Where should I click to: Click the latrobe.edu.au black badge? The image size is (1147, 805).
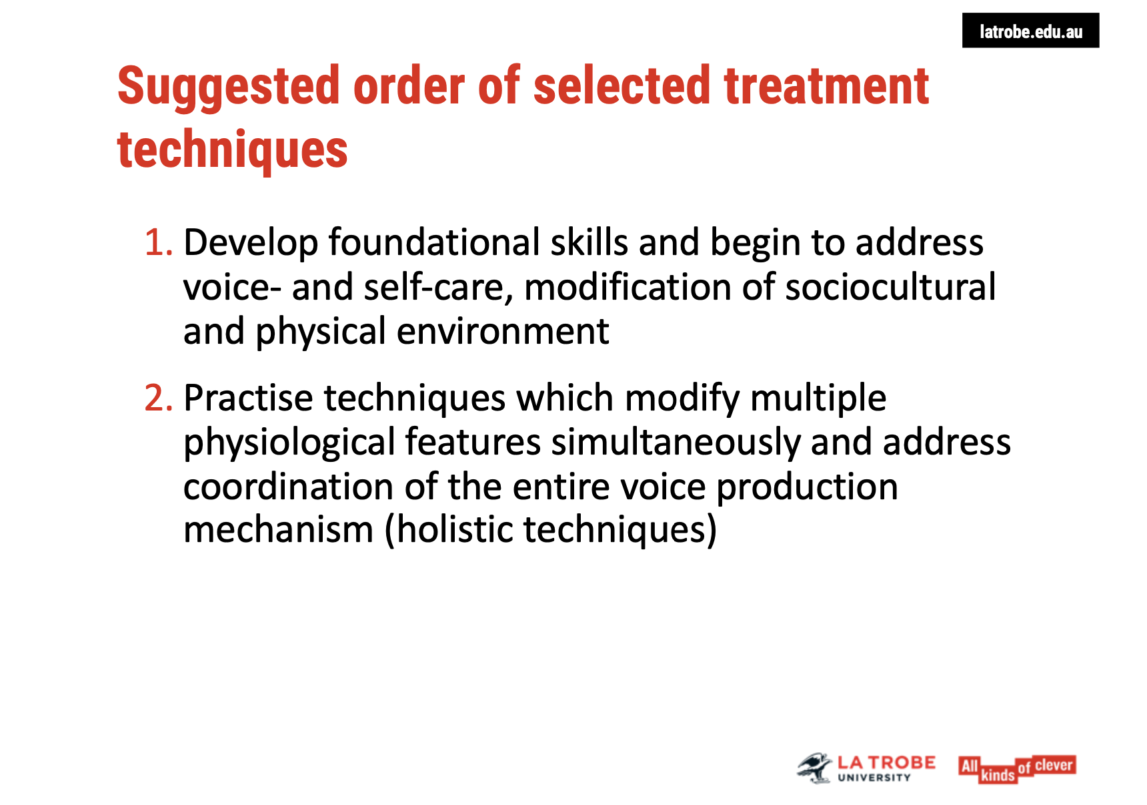1030,31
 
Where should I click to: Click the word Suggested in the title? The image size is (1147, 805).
229,87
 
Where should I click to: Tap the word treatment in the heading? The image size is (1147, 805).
826,86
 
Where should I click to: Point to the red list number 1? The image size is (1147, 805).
159,242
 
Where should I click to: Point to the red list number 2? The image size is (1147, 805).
159,398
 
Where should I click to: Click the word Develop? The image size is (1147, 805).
251,243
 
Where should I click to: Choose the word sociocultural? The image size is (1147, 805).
890,287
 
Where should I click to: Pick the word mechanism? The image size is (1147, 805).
279,530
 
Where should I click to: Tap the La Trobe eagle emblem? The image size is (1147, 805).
814,768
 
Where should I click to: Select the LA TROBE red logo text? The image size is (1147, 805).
886,763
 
